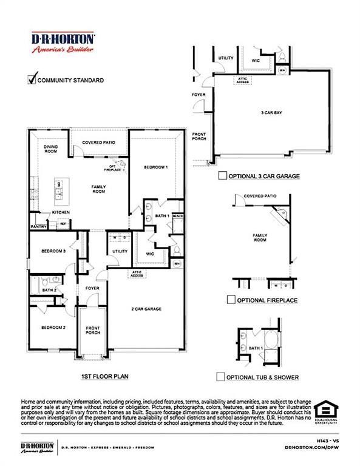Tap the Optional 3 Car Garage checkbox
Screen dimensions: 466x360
222,176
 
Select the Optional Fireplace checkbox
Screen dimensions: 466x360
231,300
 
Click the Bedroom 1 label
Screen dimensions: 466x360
155,167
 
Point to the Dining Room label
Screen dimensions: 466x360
52,150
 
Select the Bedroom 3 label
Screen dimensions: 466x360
53,251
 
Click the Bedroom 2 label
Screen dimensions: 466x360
53,328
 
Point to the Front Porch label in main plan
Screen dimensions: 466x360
93,330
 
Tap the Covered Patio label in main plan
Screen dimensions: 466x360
98,141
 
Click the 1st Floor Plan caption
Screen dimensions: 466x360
104,376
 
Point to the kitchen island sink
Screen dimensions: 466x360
59,195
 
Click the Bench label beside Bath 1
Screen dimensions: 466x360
177,216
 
